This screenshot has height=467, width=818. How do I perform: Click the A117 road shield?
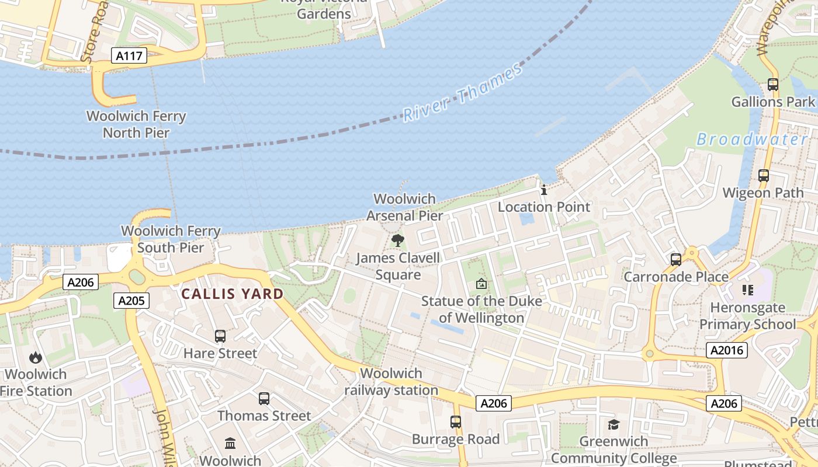point(129,56)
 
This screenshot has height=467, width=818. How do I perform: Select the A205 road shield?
point(131,301)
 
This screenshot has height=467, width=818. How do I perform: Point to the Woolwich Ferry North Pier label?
point(136,124)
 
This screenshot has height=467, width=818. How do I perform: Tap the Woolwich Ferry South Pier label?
point(171,239)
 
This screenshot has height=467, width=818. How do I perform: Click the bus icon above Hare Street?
point(220,336)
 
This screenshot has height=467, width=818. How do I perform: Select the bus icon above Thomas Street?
point(264,399)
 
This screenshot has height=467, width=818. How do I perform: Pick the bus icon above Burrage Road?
point(456,422)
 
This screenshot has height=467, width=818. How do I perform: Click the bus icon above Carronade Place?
point(676,260)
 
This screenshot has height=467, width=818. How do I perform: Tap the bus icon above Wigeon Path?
point(763,175)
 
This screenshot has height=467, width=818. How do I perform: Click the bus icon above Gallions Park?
point(773,85)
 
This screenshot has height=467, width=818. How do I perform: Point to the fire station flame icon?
point(36,357)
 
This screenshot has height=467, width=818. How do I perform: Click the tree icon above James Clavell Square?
point(398,240)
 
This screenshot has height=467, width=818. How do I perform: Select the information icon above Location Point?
point(544,190)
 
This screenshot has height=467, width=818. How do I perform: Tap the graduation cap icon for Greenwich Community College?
point(613,424)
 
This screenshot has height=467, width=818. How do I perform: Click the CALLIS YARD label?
point(233,294)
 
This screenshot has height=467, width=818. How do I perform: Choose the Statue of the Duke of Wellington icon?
point(481,284)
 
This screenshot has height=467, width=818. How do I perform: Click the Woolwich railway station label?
point(391,382)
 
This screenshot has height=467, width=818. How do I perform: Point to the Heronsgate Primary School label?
point(747,316)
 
